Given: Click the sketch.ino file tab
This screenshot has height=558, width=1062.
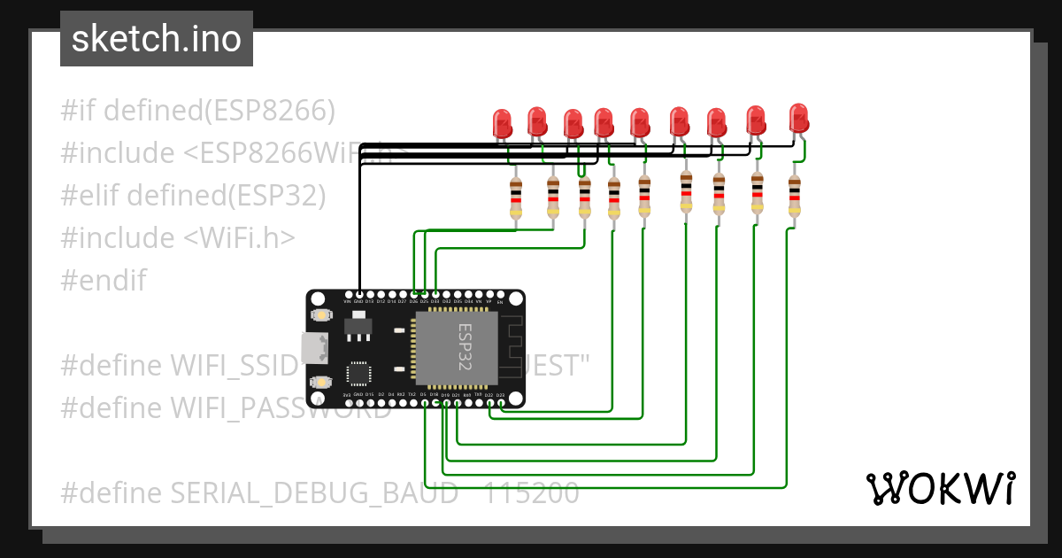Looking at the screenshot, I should [x=157, y=39].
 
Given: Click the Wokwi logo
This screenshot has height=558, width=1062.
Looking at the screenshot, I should [x=940, y=488].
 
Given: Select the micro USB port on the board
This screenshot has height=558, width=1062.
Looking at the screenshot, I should [x=312, y=348].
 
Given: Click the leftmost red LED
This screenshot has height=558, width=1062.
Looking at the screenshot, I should [x=503, y=122].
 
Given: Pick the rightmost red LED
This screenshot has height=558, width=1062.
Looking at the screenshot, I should [x=798, y=117].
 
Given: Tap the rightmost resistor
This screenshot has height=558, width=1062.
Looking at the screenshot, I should [x=794, y=196].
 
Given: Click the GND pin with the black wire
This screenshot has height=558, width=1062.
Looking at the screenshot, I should [x=358, y=293].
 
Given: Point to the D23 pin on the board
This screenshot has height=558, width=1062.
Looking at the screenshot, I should [x=501, y=403].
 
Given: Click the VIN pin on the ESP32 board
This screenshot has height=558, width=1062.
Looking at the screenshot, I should [x=348, y=293].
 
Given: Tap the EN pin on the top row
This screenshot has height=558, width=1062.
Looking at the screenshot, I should [x=501, y=293].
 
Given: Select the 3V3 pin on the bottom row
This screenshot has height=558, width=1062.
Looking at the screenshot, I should [x=347, y=403].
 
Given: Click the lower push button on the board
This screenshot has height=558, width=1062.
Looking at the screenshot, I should [x=321, y=381].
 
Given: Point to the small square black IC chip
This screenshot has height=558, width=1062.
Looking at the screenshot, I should [x=358, y=373].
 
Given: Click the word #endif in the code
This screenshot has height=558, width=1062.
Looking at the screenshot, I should [x=104, y=281].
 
